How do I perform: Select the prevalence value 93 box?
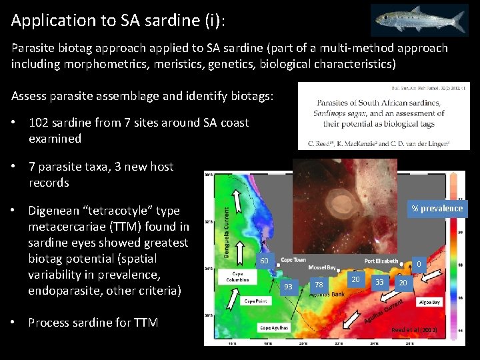click(288, 287)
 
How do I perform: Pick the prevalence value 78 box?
click(319, 285)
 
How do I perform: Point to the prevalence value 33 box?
click(379, 282)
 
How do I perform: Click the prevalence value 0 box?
click(418, 265)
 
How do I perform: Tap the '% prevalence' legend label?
click(437, 209)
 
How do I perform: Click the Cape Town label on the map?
click(293, 260)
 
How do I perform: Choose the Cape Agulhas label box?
click(256, 327)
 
